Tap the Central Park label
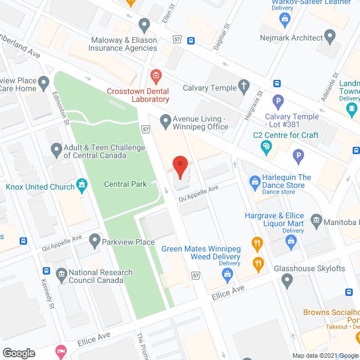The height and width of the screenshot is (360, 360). [x=125, y=184]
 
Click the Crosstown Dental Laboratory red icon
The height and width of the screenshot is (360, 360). [x=156, y=75]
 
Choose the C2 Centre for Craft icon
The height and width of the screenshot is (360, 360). [x=267, y=147]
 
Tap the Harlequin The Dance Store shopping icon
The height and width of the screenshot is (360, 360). [x=255, y=181]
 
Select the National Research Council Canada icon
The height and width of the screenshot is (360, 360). [x=61, y=275]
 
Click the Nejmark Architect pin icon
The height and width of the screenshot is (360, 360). [x=330, y=37]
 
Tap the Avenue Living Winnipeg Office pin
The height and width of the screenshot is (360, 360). [x=165, y=121]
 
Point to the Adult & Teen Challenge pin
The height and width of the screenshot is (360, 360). [x=56, y=150]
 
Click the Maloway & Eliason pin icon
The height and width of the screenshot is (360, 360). [x=145, y=25]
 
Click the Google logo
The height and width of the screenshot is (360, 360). [x=19, y=353]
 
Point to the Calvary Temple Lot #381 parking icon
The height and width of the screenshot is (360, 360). [x=277, y=102]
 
